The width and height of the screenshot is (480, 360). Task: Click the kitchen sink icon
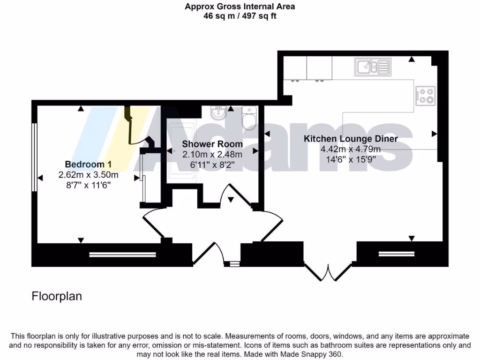point(373,67)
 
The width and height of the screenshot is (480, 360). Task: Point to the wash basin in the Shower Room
point(218,113)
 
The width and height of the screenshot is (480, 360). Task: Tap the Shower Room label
point(212,144)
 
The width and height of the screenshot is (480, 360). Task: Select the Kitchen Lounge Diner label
point(351,139)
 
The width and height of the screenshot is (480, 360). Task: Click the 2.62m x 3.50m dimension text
point(88,175)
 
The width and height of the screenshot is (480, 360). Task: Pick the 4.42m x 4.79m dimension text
point(351,150)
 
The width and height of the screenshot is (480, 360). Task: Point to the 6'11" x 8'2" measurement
point(212,165)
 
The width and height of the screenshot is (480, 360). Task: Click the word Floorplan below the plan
point(57,296)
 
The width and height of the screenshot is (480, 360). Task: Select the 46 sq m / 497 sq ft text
point(240,16)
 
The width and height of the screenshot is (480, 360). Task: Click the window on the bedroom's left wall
point(34,157)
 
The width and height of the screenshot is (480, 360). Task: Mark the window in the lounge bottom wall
point(397,254)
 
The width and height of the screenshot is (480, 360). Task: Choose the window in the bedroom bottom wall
point(122,255)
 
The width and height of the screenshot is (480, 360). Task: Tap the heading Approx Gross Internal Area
point(240,7)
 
